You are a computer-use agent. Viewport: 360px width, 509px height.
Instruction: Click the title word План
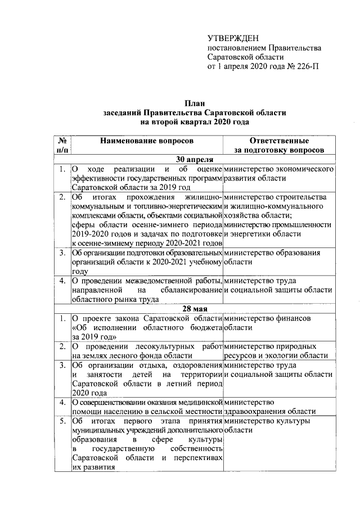click(195, 102)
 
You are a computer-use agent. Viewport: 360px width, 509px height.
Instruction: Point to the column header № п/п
click(63, 145)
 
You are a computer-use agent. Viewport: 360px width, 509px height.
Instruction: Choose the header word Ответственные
click(279, 140)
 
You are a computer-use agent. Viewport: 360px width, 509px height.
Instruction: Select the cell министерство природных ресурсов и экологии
click(275, 350)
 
